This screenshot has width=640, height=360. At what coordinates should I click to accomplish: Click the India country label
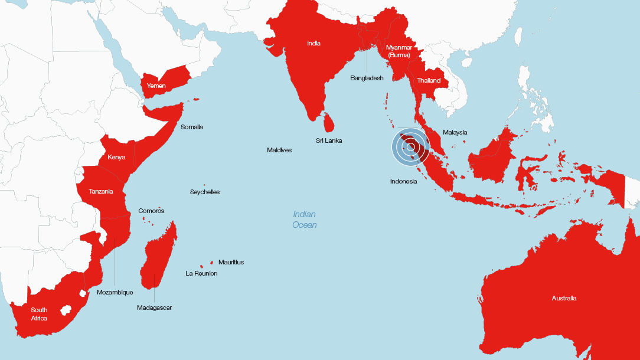click(x=314, y=43)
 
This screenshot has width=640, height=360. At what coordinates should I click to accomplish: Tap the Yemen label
click(x=156, y=86)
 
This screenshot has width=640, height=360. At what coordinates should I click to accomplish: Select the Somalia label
click(x=192, y=127)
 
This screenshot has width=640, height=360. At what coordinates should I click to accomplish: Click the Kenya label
click(x=116, y=158)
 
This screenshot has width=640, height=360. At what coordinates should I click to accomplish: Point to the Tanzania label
click(x=101, y=191)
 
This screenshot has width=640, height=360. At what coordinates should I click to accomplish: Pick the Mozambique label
click(x=115, y=292)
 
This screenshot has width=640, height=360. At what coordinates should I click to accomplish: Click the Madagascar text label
click(x=154, y=307)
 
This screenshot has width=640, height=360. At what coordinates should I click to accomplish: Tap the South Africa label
click(x=40, y=314)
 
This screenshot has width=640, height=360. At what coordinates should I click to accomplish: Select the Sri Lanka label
click(x=329, y=140)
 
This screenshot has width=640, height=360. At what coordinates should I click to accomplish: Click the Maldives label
click(x=279, y=150)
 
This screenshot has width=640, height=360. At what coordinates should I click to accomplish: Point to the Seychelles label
click(x=205, y=192)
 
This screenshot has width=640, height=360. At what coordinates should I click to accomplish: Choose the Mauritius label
click(x=231, y=262)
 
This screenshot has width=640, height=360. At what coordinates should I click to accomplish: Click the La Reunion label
click(x=201, y=273)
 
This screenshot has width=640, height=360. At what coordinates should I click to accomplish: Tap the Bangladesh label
click(x=367, y=78)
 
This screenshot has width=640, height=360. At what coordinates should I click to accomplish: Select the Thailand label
click(x=429, y=80)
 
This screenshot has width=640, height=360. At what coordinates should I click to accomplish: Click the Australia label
click(x=564, y=298)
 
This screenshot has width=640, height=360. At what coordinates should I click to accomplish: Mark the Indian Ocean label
click(x=305, y=220)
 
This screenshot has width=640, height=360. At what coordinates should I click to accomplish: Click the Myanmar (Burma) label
click(x=399, y=51)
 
